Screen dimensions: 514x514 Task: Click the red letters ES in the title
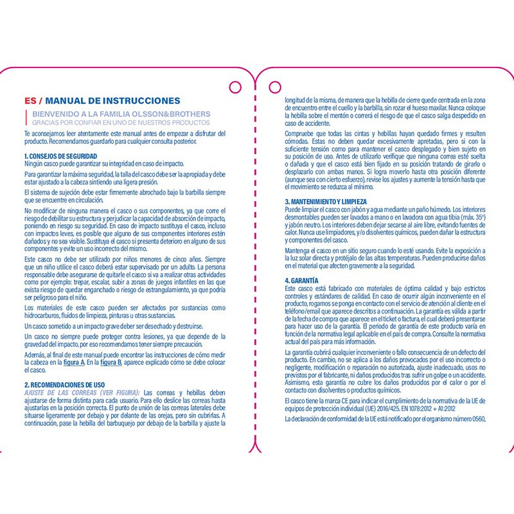(30, 101)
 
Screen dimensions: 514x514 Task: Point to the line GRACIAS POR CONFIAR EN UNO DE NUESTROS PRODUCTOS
(121, 121)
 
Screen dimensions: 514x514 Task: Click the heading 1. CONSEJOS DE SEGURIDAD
(60, 156)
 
